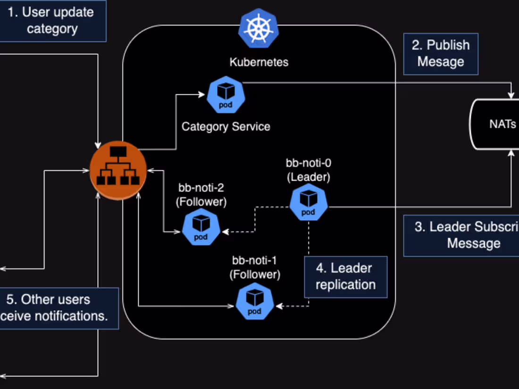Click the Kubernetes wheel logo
tap(258, 28)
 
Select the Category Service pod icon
tap(226, 96)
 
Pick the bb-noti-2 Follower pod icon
tap(201, 227)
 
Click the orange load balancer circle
tap(118, 170)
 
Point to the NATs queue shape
tap(495, 124)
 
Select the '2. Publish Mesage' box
tap(441, 54)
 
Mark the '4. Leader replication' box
tap(345, 277)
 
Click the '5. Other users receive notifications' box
tap(57, 308)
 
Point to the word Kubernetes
tap(259, 62)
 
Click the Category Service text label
tap(226, 126)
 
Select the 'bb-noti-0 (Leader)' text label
tap(309, 170)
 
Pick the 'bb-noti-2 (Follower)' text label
tap(201, 195)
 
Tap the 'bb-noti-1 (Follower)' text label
tap(255, 267)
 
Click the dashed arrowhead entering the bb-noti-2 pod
tap(225, 232)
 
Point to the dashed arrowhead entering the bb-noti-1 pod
tap(279, 306)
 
